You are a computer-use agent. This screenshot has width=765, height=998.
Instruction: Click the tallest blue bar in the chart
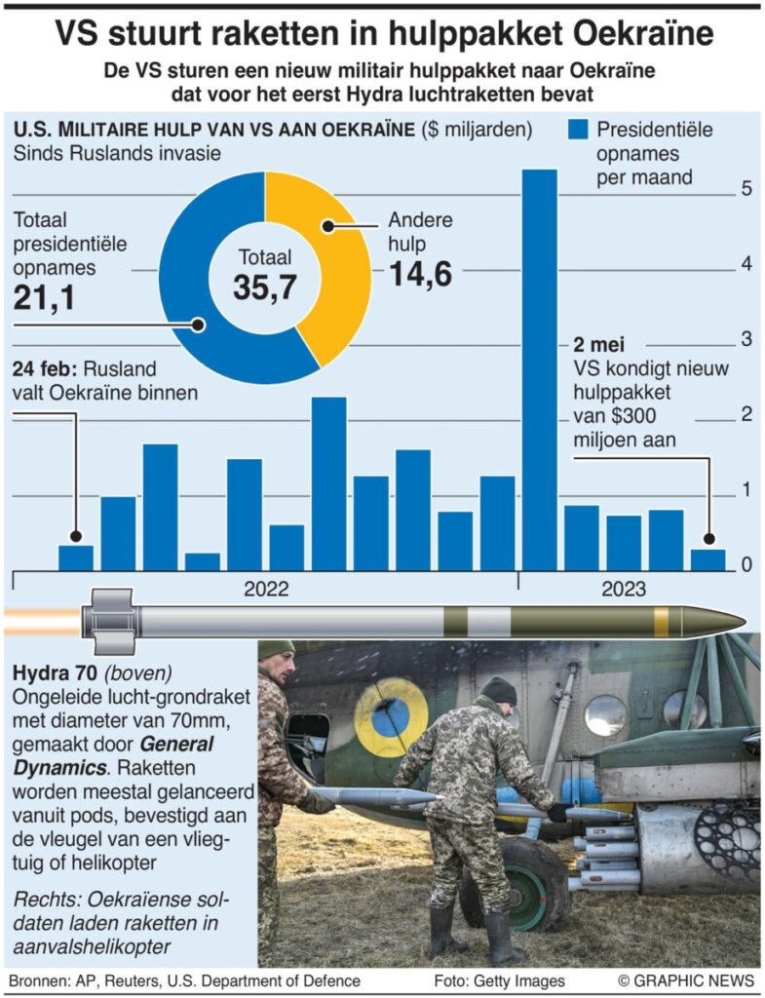coord(540,370)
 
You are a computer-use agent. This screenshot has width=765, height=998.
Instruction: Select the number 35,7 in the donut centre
coord(264,287)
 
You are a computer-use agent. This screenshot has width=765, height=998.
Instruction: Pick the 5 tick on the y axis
coord(745,189)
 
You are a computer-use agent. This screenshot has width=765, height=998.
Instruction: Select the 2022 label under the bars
coord(265,590)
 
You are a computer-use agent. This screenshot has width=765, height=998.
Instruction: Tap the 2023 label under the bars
coord(623,590)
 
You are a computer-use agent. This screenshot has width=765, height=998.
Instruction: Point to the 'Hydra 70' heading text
coord(55,672)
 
